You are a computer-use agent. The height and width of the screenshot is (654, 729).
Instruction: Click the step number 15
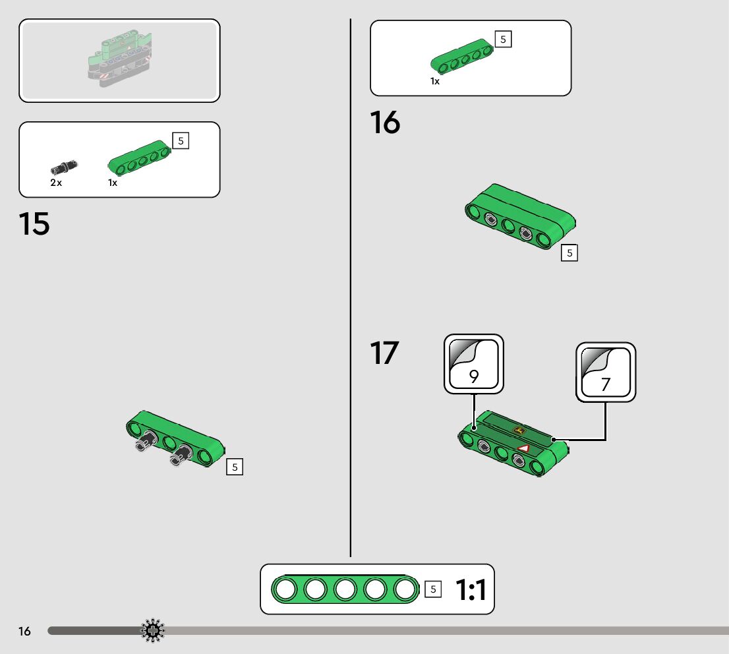point(34,223)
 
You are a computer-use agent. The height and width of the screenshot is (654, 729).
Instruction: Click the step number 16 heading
point(385,123)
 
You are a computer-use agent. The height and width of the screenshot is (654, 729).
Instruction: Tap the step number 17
point(384,353)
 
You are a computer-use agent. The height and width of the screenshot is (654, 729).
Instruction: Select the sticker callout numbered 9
point(474,364)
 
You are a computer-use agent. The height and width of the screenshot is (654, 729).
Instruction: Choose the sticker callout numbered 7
point(606,372)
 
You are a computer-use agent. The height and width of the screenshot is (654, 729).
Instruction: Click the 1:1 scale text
point(471,590)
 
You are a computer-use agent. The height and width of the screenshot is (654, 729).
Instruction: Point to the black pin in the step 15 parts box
point(64,167)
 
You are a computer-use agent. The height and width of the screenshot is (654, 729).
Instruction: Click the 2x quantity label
point(56,183)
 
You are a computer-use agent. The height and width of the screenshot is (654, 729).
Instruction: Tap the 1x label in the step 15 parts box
point(113,183)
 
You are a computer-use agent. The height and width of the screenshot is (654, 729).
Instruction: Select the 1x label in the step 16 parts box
point(435,81)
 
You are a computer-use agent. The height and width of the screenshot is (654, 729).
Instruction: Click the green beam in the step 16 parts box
point(462,56)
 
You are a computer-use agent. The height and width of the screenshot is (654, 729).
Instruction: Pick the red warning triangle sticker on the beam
point(524,448)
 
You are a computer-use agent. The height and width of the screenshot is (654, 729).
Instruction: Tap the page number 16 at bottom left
point(24,631)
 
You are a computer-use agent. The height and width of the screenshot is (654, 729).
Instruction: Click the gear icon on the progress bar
point(152,631)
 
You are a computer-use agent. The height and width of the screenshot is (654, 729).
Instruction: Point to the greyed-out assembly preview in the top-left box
point(120,59)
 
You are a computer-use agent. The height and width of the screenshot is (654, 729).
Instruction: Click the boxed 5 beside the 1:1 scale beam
point(433,589)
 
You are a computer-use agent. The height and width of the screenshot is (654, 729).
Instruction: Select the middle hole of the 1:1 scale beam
point(345,589)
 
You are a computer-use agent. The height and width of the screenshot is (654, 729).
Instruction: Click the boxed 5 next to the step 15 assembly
point(235,467)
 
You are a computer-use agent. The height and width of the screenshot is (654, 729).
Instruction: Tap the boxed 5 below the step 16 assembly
point(569,253)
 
